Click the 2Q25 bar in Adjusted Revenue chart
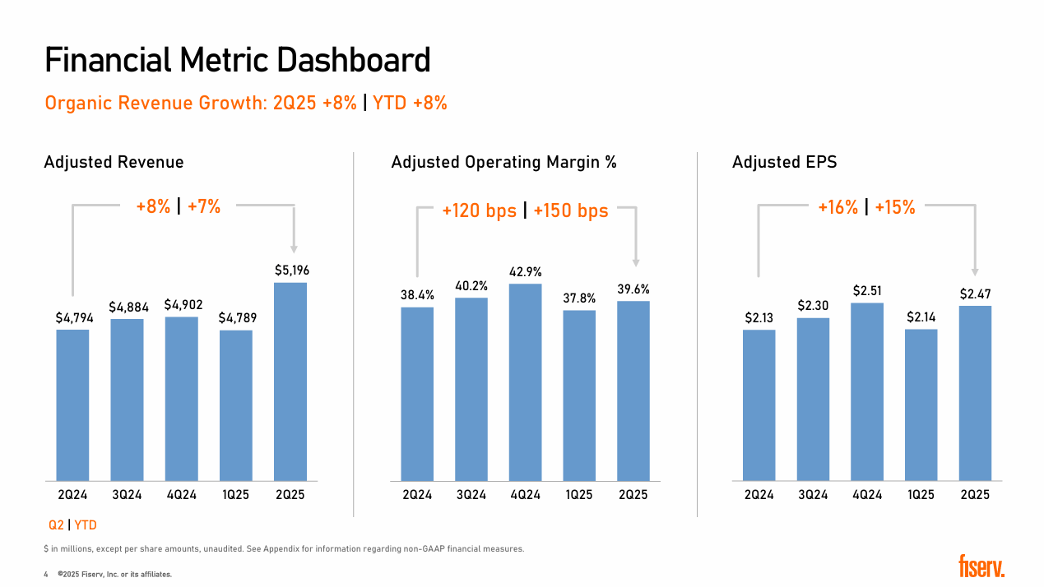pos(290,381)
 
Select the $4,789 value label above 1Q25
pos(235,317)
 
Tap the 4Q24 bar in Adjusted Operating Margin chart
pos(526,382)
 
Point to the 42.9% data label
pos(526,271)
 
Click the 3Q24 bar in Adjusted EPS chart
pos(813,399)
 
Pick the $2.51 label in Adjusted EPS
pos(867,290)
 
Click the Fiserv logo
pos(981,566)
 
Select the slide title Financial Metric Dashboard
pos(237,61)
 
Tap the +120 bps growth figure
pos(479,211)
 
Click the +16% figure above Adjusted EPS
pos(838,208)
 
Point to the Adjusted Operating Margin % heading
pos(503,163)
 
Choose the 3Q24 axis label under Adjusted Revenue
pos(127,495)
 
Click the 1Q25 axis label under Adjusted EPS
pos(921,495)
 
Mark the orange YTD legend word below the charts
pos(86,525)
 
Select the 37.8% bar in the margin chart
pos(579,395)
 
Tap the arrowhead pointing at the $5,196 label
pos(294,248)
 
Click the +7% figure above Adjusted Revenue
pos(204,207)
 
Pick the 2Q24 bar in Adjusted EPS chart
pos(759,404)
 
